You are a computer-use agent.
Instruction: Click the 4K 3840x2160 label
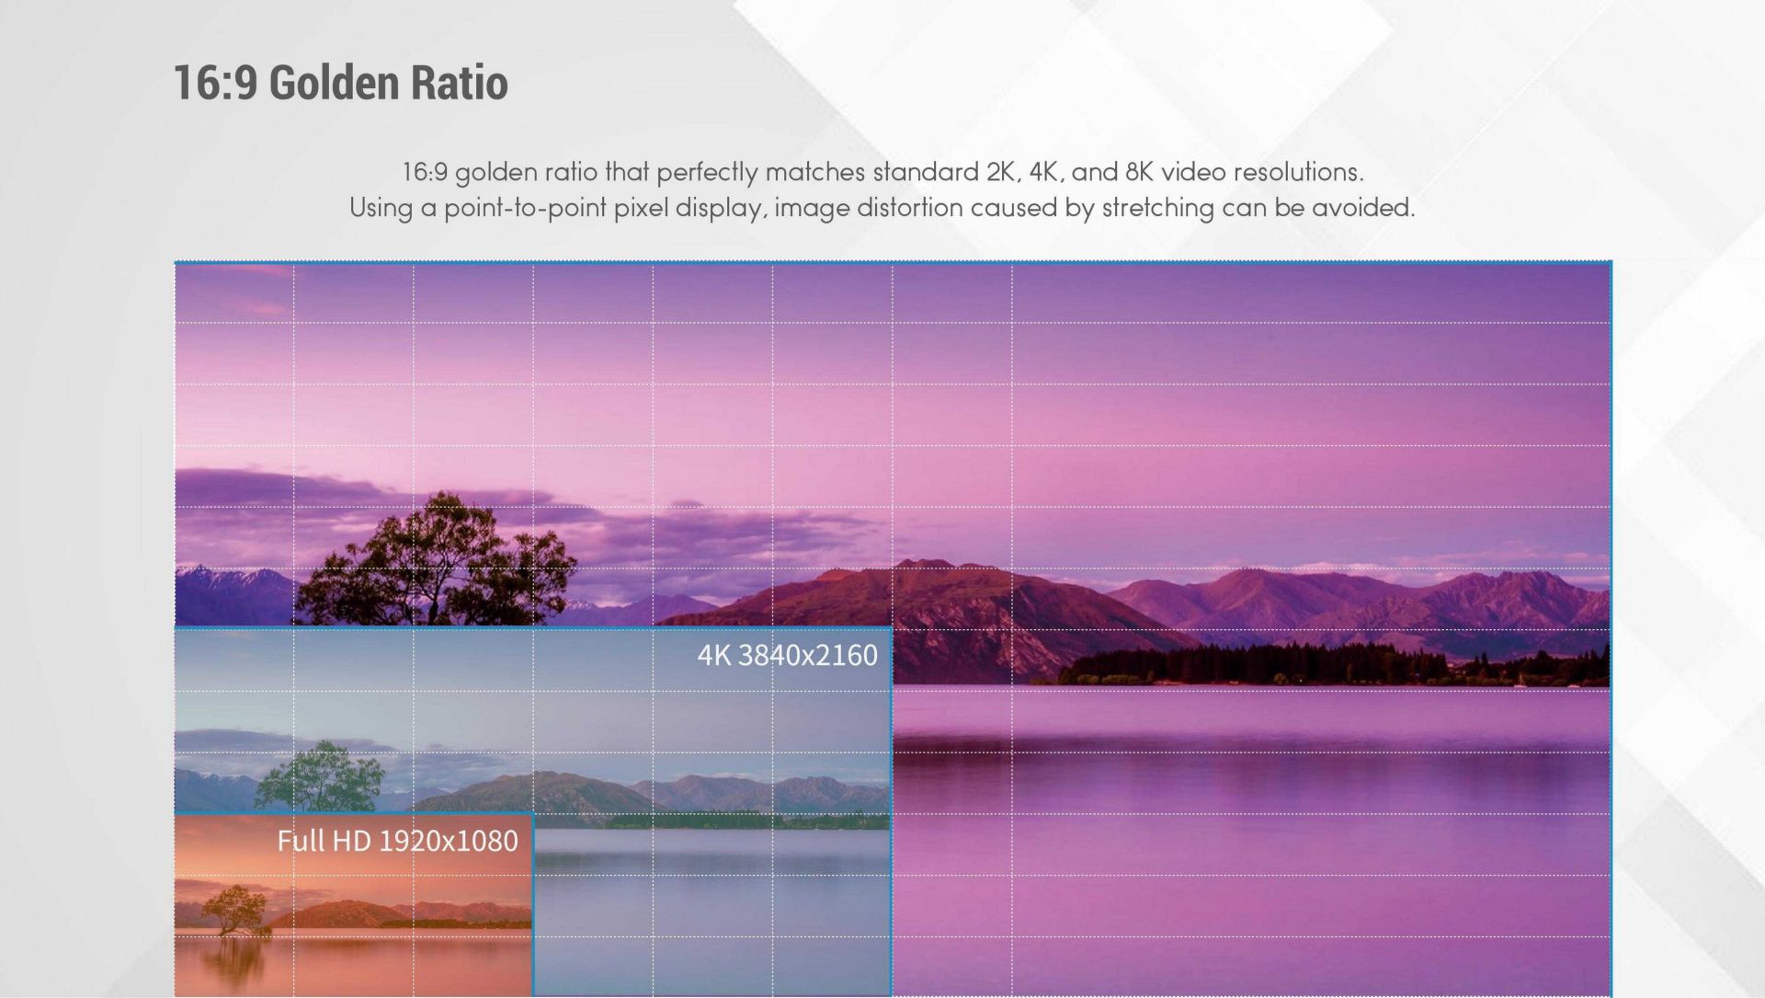(x=787, y=655)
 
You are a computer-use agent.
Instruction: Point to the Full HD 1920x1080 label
(x=397, y=841)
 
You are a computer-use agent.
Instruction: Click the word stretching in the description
(x=1157, y=209)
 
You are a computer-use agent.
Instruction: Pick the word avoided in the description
(x=1363, y=208)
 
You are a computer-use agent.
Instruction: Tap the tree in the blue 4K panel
(x=319, y=776)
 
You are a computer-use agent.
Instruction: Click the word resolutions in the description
(x=1298, y=172)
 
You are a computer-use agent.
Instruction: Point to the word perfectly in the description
(x=707, y=173)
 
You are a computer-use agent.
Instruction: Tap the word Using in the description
(x=380, y=209)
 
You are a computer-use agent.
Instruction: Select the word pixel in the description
(x=641, y=209)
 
